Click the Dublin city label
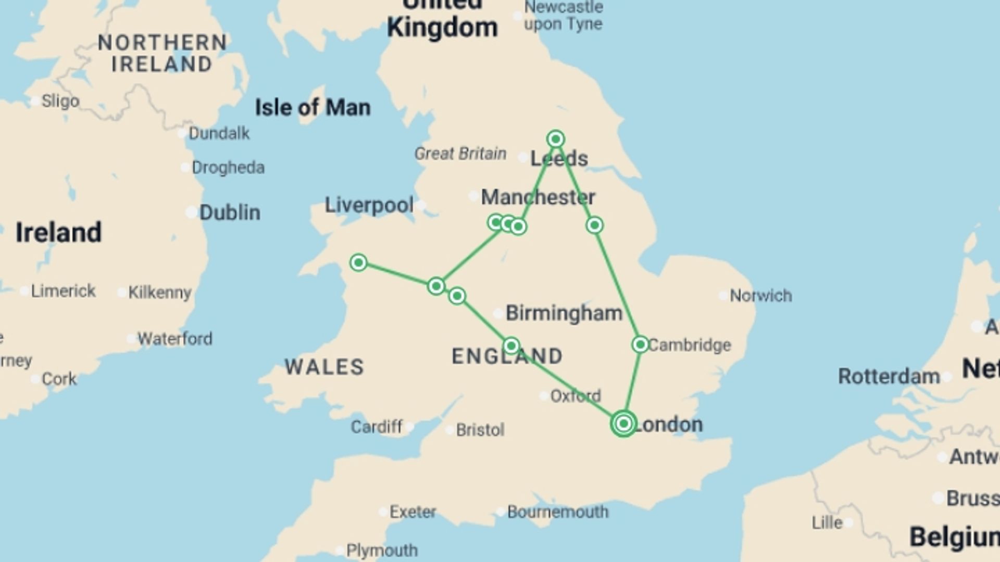tap(229, 212)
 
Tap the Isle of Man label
tap(312, 108)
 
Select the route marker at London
tap(623, 424)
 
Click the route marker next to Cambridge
tap(640, 344)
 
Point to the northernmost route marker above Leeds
tap(556, 139)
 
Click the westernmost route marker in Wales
tap(358, 262)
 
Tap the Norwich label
tap(760, 296)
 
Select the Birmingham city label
tap(564, 313)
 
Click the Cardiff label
tap(376, 427)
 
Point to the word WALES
tap(324, 367)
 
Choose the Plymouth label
tap(382, 550)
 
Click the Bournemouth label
tap(557, 512)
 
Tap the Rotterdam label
tap(889, 376)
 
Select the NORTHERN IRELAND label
tap(162, 53)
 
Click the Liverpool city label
tap(369, 205)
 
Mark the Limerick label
tap(63, 291)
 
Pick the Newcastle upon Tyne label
tap(563, 16)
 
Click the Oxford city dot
tap(544, 396)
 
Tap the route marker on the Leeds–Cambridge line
tap(595, 225)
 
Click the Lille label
tap(827, 522)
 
